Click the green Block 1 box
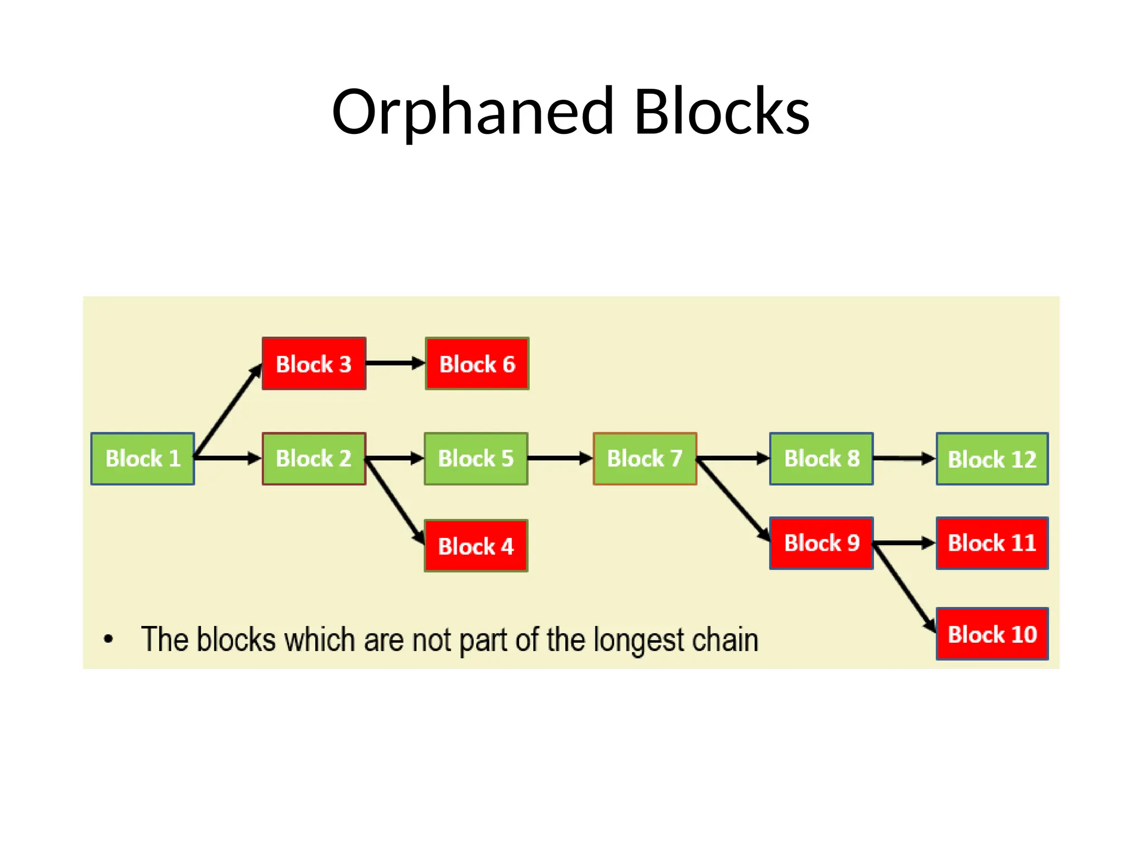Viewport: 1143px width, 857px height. (142, 459)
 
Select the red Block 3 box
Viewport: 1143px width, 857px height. (314, 364)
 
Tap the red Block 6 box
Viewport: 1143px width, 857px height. (477, 364)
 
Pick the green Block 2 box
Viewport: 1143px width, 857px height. (314, 459)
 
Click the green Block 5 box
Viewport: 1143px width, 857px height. (476, 459)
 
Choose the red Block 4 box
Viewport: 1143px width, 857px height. (476, 546)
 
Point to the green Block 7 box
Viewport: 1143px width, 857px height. (645, 459)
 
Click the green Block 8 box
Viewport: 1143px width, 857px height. (821, 459)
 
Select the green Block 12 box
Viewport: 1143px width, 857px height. (992, 459)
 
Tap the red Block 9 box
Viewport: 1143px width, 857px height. (821, 543)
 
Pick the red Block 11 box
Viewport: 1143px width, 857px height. (992, 543)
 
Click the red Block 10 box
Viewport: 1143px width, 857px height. (992, 634)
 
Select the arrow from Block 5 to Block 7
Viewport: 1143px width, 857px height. (560, 459)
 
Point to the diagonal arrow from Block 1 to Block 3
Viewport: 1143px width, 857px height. (228, 411)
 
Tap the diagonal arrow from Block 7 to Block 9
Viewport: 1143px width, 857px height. (733, 499)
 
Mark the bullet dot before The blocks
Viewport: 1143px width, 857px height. (108, 639)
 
